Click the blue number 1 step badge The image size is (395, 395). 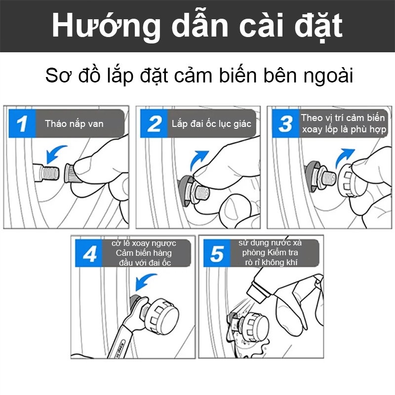coord(22,123)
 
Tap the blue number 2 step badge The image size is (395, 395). coord(154,123)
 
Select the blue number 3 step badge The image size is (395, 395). coord(286,123)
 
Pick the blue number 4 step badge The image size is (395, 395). coord(89,253)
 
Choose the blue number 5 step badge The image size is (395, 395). coord(217,253)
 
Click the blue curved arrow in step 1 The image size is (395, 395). coord(54,153)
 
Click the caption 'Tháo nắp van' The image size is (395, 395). coord(74,124)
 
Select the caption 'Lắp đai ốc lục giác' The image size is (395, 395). coord(211,124)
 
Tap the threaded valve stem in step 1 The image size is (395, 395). coord(46,172)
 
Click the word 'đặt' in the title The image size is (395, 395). coord(318,27)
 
